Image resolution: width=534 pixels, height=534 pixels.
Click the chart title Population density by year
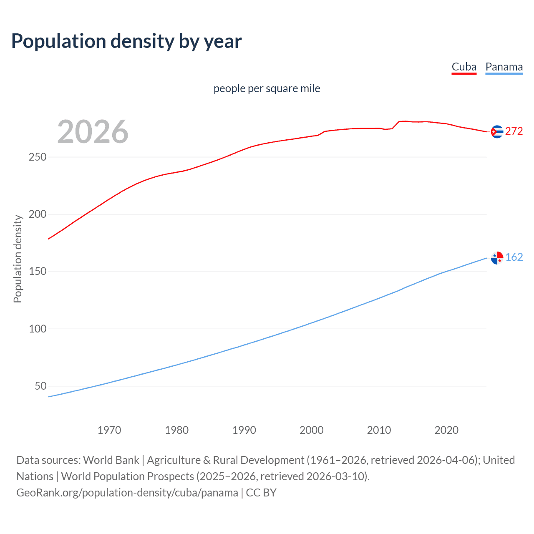[126, 41]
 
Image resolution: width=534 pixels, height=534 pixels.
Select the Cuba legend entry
[464, 67]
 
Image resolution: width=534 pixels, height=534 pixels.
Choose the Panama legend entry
[504, 67]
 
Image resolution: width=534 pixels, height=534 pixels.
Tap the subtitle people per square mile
[267, 88]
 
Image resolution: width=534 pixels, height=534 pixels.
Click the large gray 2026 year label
[93, 132]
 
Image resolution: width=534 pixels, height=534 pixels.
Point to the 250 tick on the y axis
[38, 157]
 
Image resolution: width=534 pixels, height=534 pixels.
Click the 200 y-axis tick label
[38, 214]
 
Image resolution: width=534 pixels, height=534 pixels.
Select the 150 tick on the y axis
[38, 272]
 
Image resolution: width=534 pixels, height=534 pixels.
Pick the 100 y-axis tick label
[38, 329]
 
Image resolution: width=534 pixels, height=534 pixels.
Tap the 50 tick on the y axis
[40, 386]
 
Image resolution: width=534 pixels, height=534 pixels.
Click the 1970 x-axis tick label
[109, 430]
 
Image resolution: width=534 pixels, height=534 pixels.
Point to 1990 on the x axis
[244, 430]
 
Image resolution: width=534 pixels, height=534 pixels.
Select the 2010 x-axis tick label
[379, 430]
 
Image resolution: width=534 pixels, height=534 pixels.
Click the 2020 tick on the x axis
[446, 430]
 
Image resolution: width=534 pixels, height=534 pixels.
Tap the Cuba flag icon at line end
[497, 131]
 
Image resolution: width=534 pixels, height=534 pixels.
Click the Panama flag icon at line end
[497, 258]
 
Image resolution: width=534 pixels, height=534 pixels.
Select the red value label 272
[514, 131]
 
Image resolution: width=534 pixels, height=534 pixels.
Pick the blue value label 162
[514, 257]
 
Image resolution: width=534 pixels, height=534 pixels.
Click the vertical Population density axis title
[18, 259]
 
